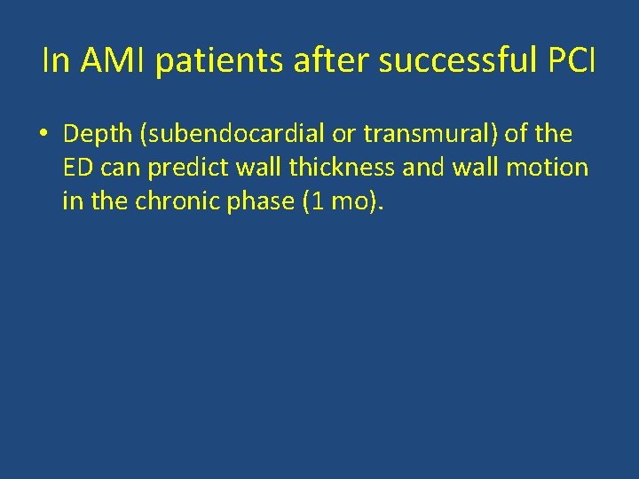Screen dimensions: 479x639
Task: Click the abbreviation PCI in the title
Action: tap(571, 61)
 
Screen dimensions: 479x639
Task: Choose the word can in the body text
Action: tap(121, 168)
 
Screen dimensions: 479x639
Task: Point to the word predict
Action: tap(187, 168)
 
